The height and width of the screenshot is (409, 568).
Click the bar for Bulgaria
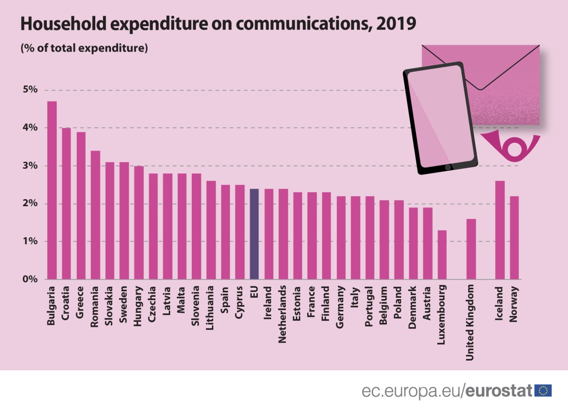tap(52, 190)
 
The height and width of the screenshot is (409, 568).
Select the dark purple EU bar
tap(254, 234)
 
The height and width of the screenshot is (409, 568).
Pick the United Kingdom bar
tap(471, 249)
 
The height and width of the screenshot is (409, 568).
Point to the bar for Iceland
tap(500, 230)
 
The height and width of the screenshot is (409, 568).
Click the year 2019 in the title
tap(396, 24)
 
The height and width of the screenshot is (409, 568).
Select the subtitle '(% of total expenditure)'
tap(84, 48)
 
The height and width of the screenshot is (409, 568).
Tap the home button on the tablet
tap(448, 167)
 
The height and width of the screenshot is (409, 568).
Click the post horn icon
tap(511, 146)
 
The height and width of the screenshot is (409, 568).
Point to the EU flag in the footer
tap(543, 391)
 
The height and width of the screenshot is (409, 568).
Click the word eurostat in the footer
tap(498, 391)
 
